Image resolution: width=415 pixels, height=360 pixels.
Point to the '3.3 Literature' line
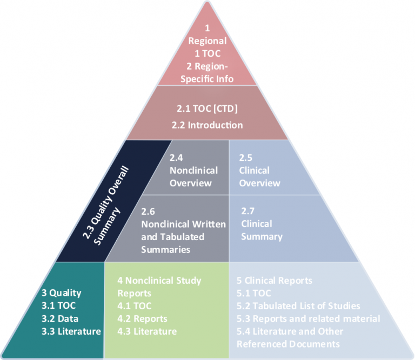tap(71, 331)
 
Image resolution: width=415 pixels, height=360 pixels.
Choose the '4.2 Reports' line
tap(142, 318)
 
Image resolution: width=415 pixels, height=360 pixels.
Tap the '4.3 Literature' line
tap(147, 331)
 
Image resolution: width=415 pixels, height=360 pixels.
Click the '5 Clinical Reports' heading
tap(275, 281)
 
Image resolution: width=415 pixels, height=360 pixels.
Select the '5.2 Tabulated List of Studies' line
tap(298, 306)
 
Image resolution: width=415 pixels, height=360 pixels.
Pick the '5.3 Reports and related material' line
tap(308, 318)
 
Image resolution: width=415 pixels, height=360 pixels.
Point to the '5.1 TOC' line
tap(254, 293)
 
